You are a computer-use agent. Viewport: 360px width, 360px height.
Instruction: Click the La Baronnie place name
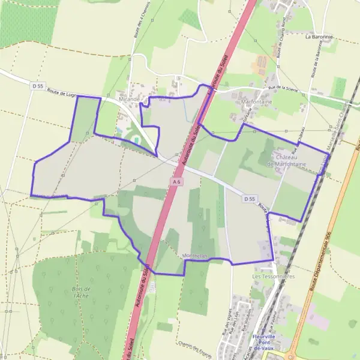click(x=318, y=37)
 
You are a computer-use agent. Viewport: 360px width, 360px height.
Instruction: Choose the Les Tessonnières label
click(x=274, y=277)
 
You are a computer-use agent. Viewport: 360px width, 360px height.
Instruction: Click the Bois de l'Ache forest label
click(x=77, y=292)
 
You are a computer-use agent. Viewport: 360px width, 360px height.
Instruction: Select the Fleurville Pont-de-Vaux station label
click(x=263, y=343)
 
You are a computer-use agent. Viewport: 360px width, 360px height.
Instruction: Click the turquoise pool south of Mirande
click(x=136, y=139)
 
